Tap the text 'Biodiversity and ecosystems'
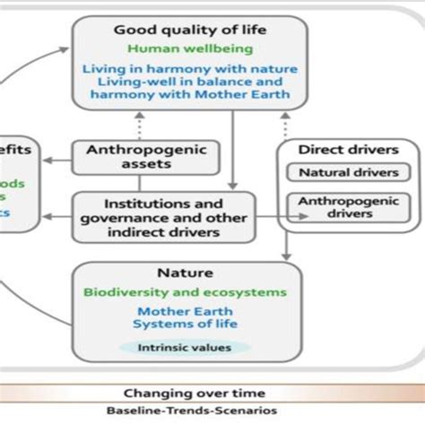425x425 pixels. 186,292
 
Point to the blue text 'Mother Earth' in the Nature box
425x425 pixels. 186,310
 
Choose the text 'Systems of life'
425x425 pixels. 186,324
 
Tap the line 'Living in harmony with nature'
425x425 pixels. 190,68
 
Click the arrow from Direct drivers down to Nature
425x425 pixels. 285,247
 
